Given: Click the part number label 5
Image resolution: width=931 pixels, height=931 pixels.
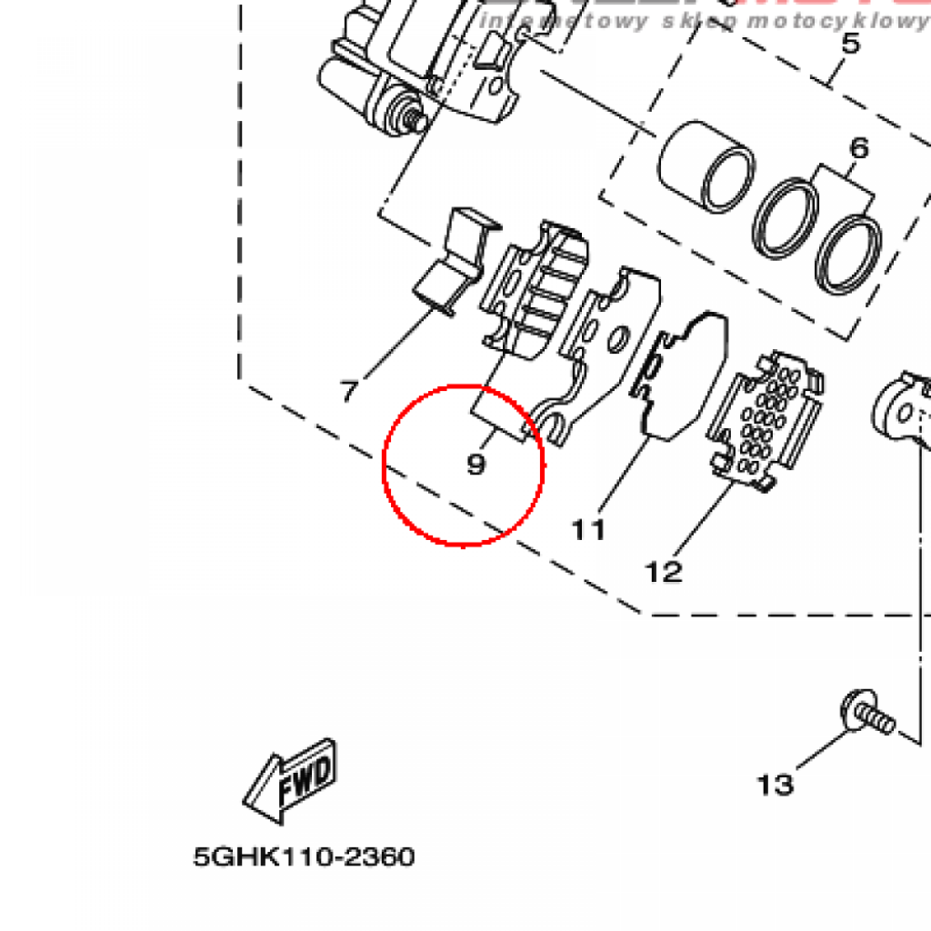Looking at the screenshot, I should tap(850, 43).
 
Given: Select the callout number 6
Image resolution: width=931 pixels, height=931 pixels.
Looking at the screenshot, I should tap(859, 147).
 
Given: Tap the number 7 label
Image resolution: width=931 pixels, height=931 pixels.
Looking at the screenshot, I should tap(349, 392).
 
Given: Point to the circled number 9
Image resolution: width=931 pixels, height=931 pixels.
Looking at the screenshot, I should tap(476, 465).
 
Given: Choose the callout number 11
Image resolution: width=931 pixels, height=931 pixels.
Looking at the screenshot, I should tap(588, 529).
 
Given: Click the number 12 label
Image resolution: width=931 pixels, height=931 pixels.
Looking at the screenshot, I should tap(664, 572).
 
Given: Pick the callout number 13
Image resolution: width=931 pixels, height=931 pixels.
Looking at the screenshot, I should tap(776, 784).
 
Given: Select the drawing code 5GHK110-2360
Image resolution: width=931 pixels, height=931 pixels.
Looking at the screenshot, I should tap(304, 856).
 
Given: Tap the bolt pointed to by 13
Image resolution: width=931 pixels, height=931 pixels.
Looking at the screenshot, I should tap(867, 713).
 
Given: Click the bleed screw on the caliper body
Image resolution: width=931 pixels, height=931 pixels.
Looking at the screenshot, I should tap(414, 115).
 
